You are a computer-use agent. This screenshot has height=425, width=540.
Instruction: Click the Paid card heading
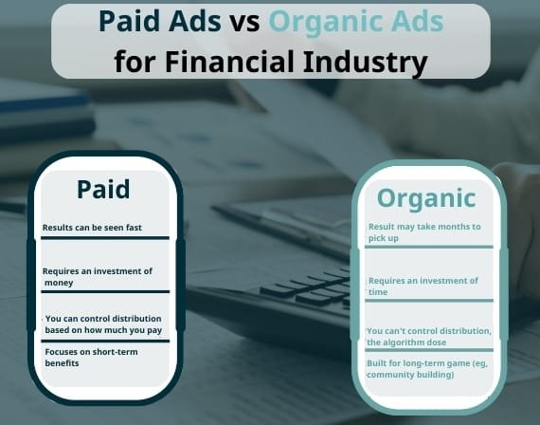tap(103, 189)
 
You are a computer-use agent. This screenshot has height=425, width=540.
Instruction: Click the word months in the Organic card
tap(450, 227)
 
